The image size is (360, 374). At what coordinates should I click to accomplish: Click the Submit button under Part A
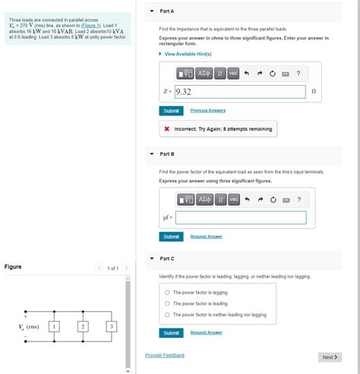(171, 111)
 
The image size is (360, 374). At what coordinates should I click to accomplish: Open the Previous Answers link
(208, 111)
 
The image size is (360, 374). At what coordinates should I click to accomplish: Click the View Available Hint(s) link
(188, 54)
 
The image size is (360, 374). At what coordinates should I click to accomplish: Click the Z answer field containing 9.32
(240, 92)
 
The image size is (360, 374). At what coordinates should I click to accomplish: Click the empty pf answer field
(241, 218)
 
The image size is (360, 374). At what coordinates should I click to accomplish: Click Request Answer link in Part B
(206, 237)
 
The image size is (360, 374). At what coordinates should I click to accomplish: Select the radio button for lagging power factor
(167, 292)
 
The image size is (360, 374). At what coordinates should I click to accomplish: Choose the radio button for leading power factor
(167, 303)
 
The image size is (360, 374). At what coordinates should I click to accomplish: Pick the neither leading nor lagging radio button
(167, 315)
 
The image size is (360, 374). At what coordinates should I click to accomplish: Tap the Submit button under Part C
(171, 333)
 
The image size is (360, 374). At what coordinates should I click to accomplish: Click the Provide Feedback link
(165, 355)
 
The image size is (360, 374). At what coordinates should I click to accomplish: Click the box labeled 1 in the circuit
(54, 326)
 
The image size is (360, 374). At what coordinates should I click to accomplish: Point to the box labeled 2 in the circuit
(83, 326)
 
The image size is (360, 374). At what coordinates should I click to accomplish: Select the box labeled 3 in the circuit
(112, 326)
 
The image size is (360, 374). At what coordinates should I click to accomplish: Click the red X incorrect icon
(167, 129)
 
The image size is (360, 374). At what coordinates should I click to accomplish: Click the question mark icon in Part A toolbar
(298, 74)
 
